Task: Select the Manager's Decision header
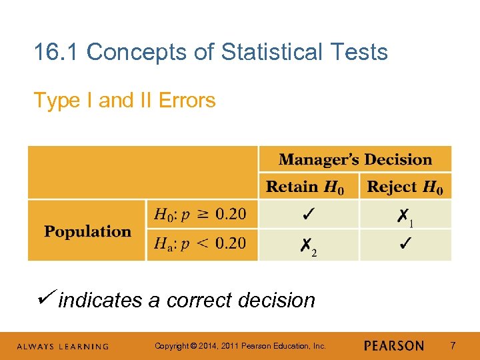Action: click(355, 160)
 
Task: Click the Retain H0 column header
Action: click(305, 187)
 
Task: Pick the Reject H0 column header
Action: click(405, 187)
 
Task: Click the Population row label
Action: click(87, 231)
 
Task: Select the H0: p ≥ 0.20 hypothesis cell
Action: click(201, 215)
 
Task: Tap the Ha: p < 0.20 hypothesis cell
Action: click(201, 243)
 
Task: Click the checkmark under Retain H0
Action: click(309, 215)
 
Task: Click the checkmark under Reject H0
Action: click(405, 243)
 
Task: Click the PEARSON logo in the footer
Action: click(393, 346)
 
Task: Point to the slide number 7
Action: click(453, 346)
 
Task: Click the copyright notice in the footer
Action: click(240, 346)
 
